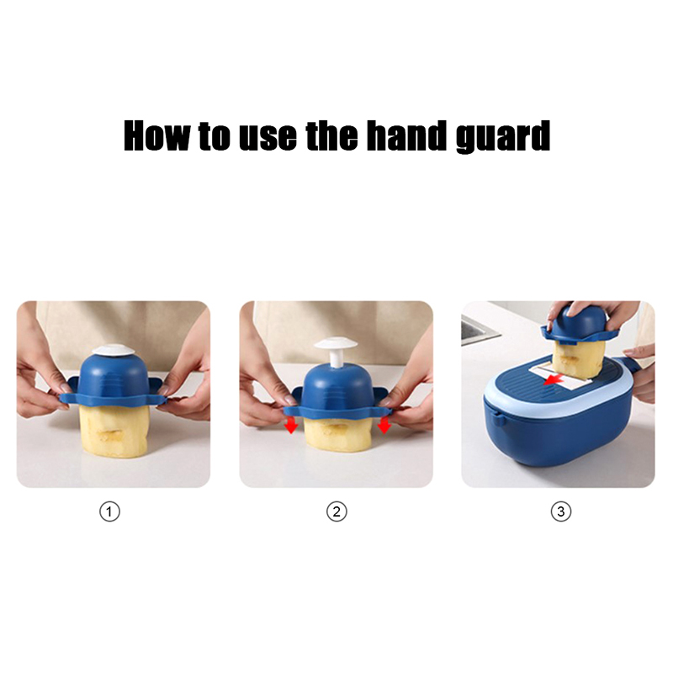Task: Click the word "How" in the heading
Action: point(156,135)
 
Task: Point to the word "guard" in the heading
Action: point(502,136)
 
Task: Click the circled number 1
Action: point(109,511)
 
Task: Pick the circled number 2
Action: point(336,511)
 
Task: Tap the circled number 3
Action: point(560,511)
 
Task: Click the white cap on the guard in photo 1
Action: point(114,349)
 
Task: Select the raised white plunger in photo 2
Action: point(335,351)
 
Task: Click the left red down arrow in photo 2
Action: point(291,425)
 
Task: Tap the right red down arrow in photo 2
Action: point(384,425)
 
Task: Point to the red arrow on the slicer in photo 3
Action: point(553,379)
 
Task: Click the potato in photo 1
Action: point(114,432)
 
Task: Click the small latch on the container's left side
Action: point(498,419)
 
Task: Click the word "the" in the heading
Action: point(331,135)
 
